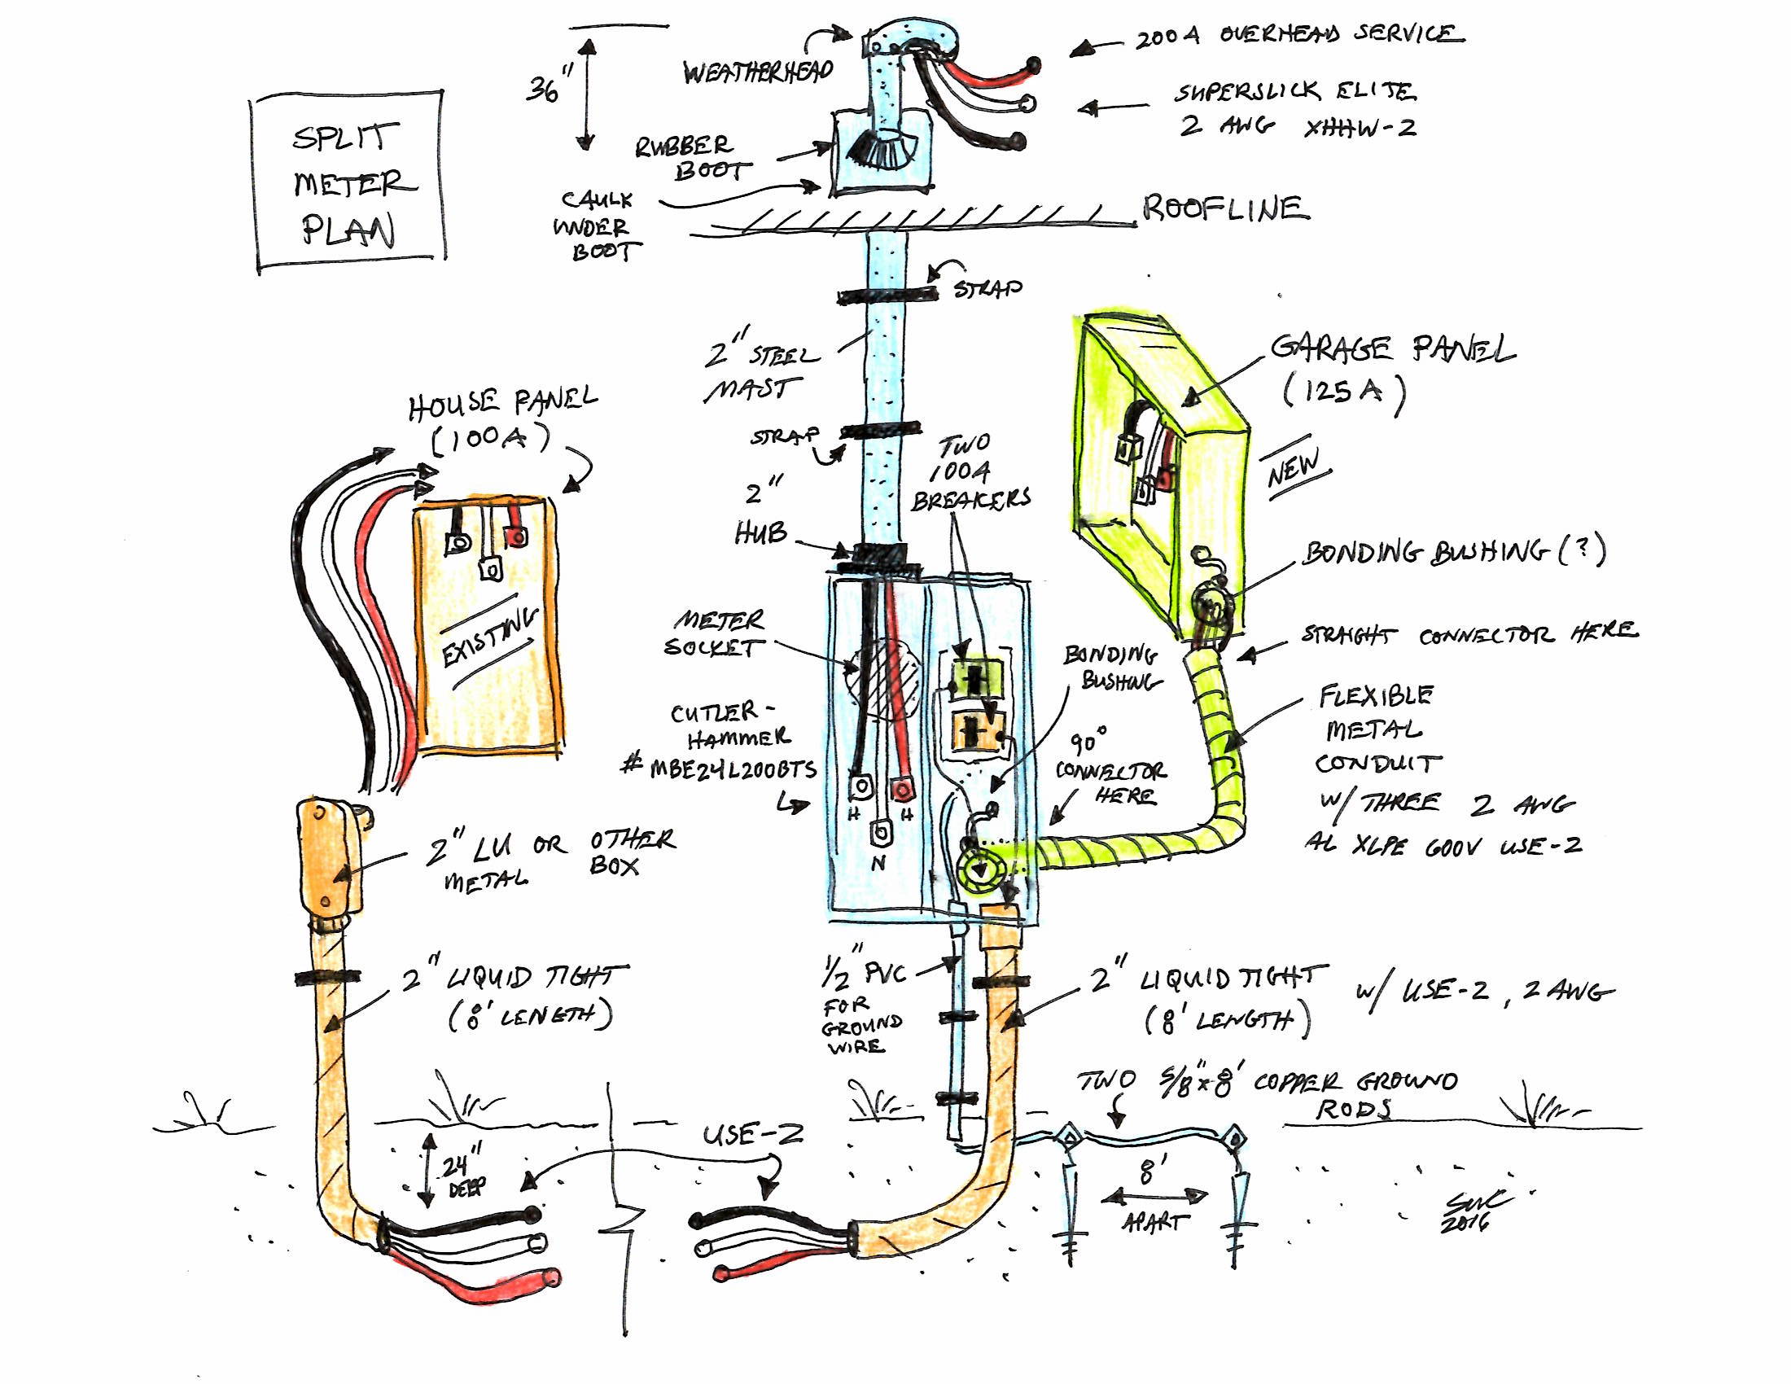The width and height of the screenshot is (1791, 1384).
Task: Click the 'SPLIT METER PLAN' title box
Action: click(349, 182)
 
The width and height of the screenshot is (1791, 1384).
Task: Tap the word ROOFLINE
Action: click(1226, 208)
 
